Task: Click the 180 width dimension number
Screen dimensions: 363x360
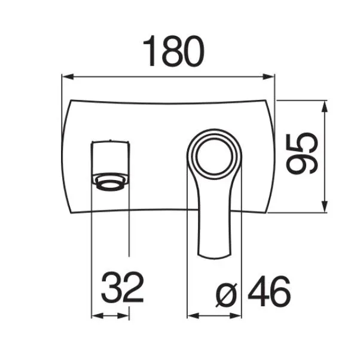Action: point(174,51)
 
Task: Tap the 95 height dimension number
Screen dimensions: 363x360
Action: point(302,154)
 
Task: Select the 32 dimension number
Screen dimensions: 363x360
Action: point(123,287)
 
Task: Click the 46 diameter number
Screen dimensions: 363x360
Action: point(269,291)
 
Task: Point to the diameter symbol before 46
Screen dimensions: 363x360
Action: point(227,295)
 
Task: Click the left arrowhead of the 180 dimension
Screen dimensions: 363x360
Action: point(68,77)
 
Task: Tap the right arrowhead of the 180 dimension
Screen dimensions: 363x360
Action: point(269,77)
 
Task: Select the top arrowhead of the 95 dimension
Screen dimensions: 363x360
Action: point(325,106)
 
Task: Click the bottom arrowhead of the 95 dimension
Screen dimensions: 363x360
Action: point(325,206)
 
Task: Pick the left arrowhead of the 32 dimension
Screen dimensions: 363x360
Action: point(97,316)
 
